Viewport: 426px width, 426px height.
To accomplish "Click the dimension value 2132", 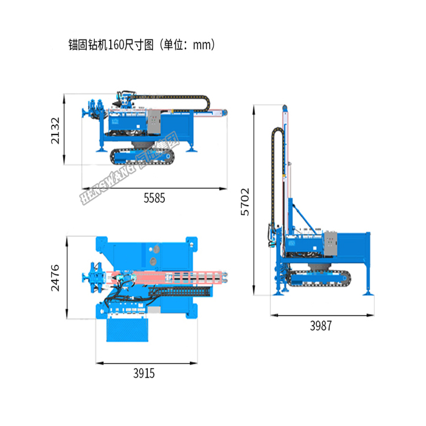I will click(55, 131).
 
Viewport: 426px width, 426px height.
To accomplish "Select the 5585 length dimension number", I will click(154, 198).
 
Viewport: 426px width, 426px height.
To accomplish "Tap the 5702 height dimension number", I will click(245, 202).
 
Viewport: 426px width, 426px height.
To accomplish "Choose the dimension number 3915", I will click(144, 373).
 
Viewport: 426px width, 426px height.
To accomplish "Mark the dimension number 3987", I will click(320, 326).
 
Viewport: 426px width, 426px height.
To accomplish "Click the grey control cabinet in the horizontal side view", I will click(154, 122).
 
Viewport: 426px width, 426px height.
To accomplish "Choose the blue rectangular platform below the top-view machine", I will click(127, 329).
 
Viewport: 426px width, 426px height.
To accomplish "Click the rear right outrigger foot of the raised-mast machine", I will click(369, 293).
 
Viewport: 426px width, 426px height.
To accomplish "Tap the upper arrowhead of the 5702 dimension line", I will click(255, 106).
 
